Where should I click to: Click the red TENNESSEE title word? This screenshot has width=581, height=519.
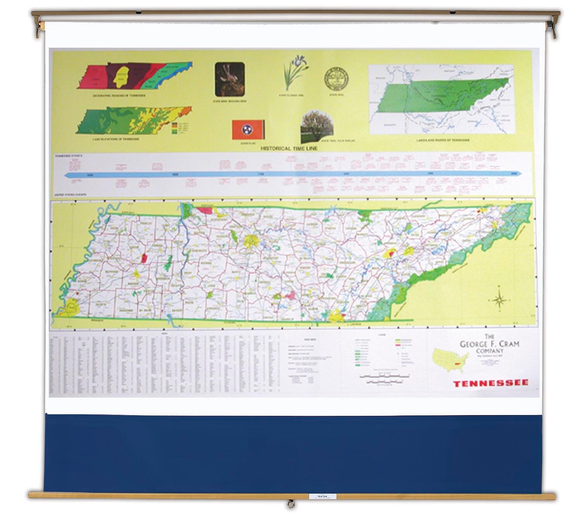click(490, 383)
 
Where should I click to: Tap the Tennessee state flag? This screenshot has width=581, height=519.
click(248, 130)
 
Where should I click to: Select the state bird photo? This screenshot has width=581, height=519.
click(230, 79)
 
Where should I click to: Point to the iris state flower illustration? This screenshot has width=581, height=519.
click(295, 73)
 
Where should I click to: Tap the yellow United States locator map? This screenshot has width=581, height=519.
click(450, 359)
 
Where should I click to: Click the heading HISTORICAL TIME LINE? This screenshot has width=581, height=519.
click(289, 149)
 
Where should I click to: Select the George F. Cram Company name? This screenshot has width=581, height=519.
click(489, 344)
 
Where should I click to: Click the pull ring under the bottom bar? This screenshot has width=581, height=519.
click(290, 504)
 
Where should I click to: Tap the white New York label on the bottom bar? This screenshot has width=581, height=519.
click(322, 496)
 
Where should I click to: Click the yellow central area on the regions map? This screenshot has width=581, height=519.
click(122, 76)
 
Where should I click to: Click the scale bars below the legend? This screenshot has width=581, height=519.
click(383, 379)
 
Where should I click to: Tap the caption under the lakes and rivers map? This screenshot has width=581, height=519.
click(443, 140)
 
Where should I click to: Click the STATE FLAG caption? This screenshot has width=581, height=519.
click(246, 144)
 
